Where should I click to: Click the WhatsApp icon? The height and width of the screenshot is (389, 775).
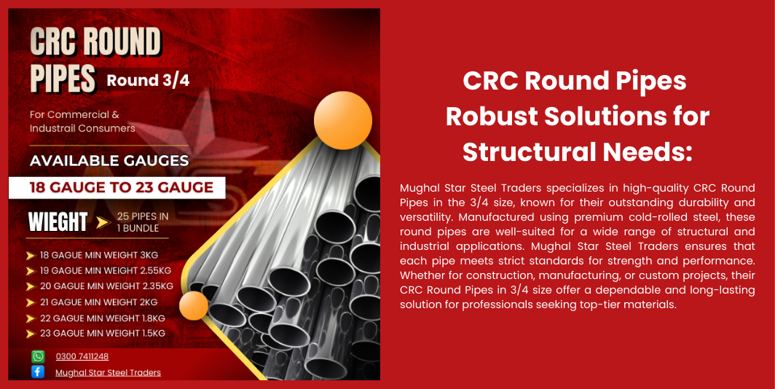(x=38, y=356)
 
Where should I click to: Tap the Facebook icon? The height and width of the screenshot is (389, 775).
(x=38, y=372)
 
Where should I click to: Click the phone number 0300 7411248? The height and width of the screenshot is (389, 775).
(x=82, y=356)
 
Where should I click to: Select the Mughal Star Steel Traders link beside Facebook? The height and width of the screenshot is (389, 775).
(x=109, y=373)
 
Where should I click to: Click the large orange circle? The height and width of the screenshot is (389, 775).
(x=343, y=121)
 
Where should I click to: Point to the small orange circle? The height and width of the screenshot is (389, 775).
(x=194, y=305)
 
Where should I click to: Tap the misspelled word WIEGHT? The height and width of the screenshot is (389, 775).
(x=58, y=222)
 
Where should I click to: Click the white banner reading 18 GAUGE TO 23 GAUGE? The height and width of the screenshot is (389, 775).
(x=117, y=188)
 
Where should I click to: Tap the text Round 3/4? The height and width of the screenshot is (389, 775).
(x=149, y=81)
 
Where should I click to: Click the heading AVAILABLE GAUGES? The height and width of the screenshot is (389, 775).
(x=109, y=161)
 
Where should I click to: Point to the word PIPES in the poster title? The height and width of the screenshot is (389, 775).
(x=63, y=78)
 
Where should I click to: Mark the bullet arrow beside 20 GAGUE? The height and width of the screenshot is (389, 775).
(x=31, y=287)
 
